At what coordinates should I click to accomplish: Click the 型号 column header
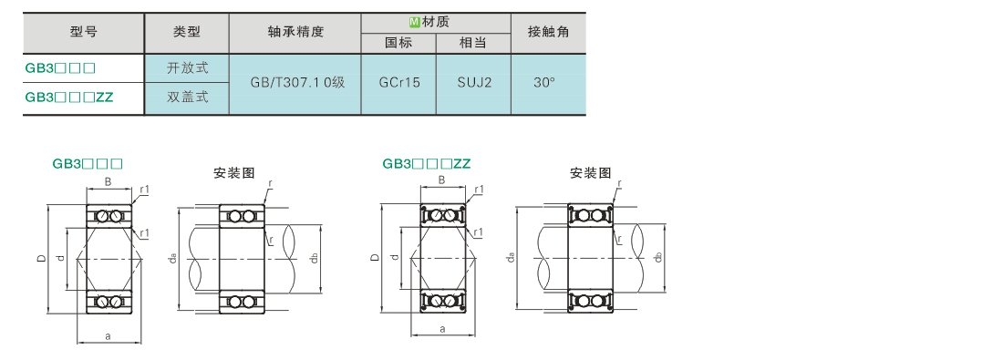[x=84, y=32]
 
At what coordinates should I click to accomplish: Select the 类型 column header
[x=187, y=32]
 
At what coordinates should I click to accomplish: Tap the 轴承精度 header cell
[x=295, y=32]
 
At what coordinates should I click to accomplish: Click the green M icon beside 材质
[x=414, y=22]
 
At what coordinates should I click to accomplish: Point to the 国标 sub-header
[x=398, y=43]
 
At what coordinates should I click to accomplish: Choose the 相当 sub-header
[x=473, y=43]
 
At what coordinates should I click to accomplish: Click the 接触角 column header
[x=548, y=32]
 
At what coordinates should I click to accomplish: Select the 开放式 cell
[x=187, y=67]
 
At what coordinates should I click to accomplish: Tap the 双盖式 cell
[x=187, y=98]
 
